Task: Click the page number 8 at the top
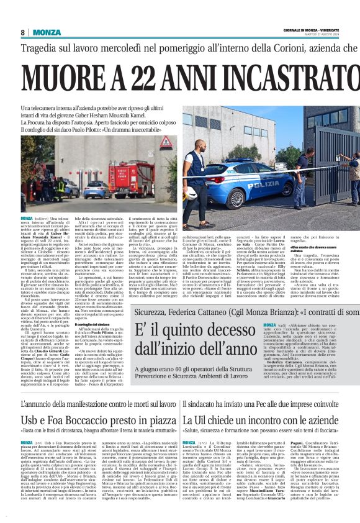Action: (23, 32)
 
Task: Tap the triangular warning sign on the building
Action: (166, 143)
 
